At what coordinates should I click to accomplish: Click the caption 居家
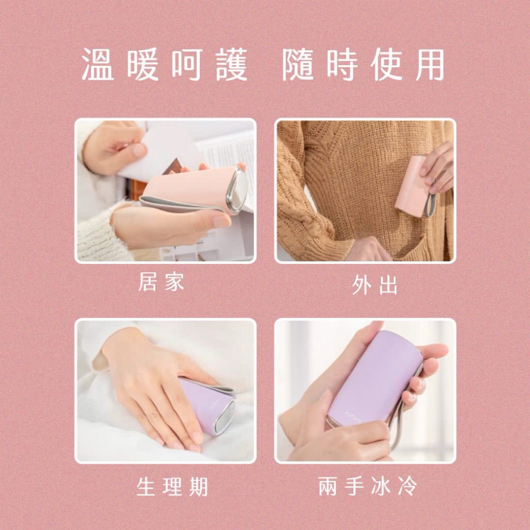coord(161,282)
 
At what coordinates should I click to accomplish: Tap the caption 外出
coord(375,285)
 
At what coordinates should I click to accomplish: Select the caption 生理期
coord(172,487)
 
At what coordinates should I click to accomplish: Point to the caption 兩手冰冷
coord(368,486)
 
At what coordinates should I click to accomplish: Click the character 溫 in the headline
coord(98,64)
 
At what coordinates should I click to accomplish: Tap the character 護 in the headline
coord(232,64)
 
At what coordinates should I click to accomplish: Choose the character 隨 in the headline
coord(298,64)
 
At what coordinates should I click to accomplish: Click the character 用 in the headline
coord(430,64)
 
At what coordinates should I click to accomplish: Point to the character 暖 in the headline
coord(143,64)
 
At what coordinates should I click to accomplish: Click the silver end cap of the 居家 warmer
coord(238,190)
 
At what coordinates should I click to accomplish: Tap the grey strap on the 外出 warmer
coord(430,200)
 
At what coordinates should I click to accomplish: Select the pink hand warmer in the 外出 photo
coord(413,186)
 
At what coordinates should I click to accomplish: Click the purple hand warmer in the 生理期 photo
coord(207,405)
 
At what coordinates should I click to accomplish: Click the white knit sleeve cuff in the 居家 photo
coord(101,230)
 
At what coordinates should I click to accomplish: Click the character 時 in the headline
coord(342,64)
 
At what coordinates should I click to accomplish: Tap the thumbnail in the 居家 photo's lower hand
coord(221,222)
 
